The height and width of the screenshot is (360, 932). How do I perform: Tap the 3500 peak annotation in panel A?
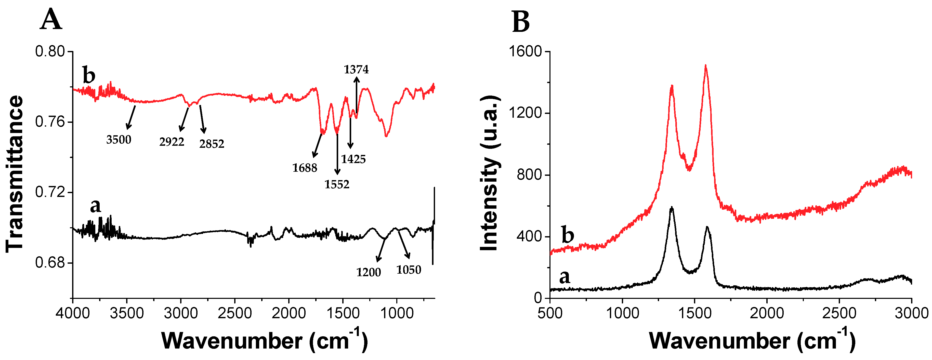[x=119, y=140]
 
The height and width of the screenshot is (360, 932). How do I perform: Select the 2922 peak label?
[x=172, y=142]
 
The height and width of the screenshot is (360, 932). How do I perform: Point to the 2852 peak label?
[x=212, y=144]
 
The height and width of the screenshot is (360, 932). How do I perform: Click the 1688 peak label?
[x=305, y=168]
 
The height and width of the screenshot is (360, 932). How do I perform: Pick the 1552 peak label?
[x=337, y=184]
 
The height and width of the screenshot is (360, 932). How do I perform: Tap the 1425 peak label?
[x=353, y=159]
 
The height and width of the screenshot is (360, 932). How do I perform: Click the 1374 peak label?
[x=356, y=70]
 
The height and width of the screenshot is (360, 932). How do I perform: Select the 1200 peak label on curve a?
[x=368, y=272]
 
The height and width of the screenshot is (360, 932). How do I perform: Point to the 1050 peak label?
[x=409, y=270]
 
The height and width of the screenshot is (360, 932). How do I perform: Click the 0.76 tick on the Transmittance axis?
[x=49, y=122]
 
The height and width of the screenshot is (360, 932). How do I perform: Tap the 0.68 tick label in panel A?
[x=49, y=262]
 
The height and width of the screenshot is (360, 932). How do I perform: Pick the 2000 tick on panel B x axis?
[x=767, y=313]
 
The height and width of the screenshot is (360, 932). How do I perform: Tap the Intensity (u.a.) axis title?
[x=489, y=174]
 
